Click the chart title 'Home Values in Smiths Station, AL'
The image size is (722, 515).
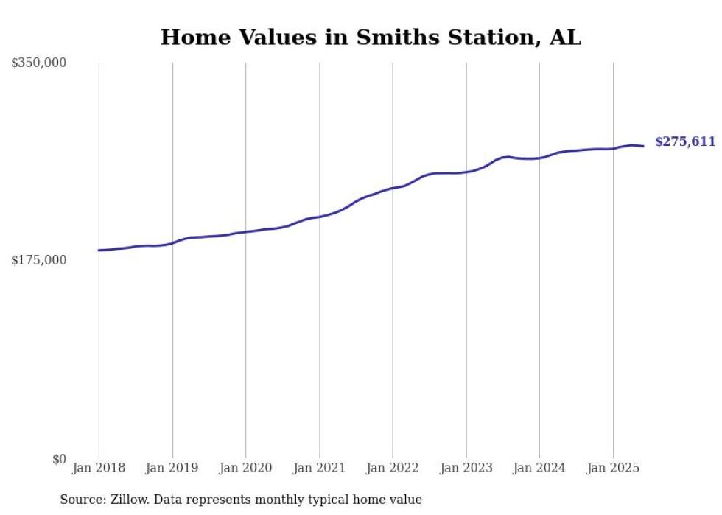[371, 37]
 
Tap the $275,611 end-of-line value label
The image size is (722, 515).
[684, 141]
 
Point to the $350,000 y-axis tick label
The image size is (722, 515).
[39, 63]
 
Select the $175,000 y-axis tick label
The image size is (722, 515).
[39, 260]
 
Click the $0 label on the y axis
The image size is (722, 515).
[59, 458]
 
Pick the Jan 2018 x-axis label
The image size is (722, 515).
[99, 467]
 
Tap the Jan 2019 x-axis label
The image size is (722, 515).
[172, 467]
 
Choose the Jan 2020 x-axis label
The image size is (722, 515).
[246, 467]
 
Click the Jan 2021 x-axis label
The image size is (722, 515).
[319, 467]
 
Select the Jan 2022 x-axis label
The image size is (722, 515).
[393, 467]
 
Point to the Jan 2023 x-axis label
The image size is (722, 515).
[466, 467]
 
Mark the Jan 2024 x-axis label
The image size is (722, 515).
[539, 467]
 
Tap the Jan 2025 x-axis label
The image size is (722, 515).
[613, 467]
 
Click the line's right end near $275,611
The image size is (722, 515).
[643, 146]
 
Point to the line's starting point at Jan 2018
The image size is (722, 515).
[99, 251]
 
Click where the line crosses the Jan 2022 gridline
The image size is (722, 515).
[393, 188]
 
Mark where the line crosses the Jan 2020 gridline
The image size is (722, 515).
[246, 232]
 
